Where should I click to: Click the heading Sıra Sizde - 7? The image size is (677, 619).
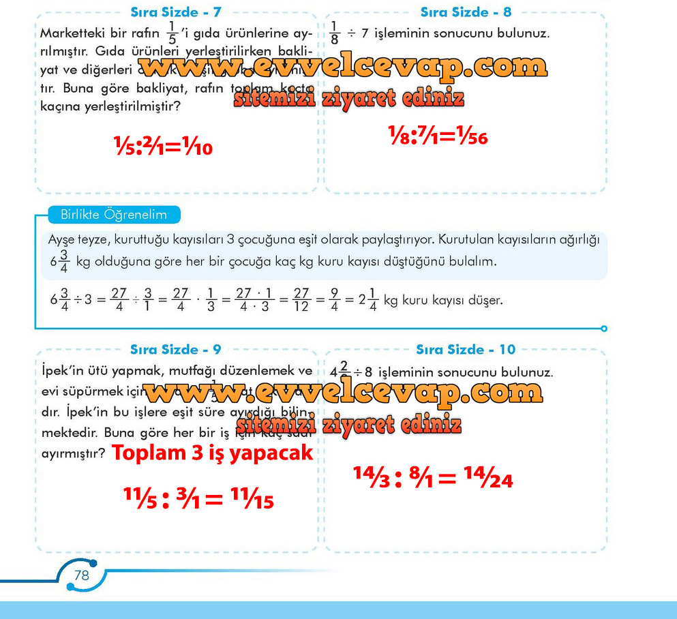(175, 12)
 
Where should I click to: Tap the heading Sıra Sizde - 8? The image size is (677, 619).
(466, 12)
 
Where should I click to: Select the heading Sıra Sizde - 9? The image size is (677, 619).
(175, 350)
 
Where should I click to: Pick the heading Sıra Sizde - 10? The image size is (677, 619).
(466, 350)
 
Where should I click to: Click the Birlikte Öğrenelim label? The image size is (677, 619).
(114, 215)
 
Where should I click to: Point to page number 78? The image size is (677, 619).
(81, 575)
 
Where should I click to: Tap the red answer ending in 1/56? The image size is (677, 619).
(438, 136)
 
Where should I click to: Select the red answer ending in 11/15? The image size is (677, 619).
(198, 499)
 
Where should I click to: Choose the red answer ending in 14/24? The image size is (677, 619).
(433, 478)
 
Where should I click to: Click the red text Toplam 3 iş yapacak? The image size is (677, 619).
(212, 453)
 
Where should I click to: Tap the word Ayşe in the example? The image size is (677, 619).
(63, 240)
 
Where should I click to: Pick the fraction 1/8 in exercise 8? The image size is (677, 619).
(334, 33)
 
